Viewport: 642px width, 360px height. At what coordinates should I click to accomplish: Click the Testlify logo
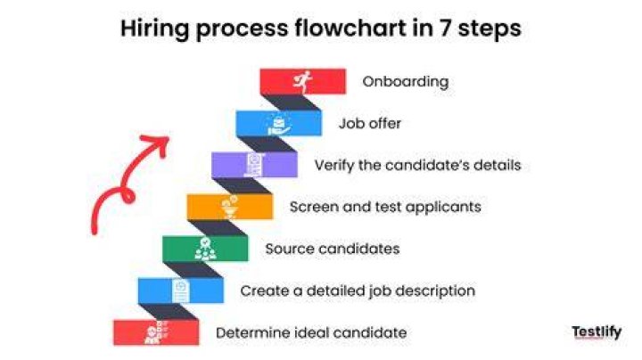(x=597, y=331)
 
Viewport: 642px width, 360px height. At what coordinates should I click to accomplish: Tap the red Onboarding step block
(x=303, y=81)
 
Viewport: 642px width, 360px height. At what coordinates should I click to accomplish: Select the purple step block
(x=254, y=165)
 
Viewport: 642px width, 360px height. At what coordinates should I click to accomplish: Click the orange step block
(x=230, y=207)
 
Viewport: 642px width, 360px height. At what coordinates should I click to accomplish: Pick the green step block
(x=205, y=249)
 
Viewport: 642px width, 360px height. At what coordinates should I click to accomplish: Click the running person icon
(x=302, y=81)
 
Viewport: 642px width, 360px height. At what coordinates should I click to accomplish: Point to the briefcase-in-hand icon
(x=279, y=125)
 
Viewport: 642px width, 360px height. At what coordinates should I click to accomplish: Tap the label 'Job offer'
(x=370, y=123)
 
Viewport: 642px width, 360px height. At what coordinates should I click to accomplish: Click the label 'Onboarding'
(x=406, y=81)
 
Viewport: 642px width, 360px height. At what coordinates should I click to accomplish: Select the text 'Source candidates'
(x=333, y=249)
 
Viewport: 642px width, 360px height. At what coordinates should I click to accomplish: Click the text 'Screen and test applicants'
(x=385, y=207)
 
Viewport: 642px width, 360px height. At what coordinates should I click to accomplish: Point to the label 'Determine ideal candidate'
(x=311, y=332)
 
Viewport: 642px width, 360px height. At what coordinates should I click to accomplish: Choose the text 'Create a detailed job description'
(x=358, y=290)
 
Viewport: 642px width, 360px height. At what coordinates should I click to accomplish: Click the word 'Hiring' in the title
(x=155, y=29)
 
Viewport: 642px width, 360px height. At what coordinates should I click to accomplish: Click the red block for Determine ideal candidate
(x=156, y=332)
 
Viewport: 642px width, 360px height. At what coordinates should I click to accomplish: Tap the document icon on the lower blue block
(x=180, y=290)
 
